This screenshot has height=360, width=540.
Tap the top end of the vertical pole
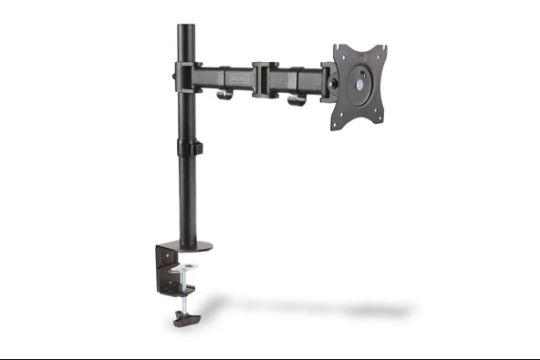click(x=187, y=27)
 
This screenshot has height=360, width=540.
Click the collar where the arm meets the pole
click(x=187, y=77)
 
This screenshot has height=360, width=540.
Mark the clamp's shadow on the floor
click(x=301, y=306)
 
